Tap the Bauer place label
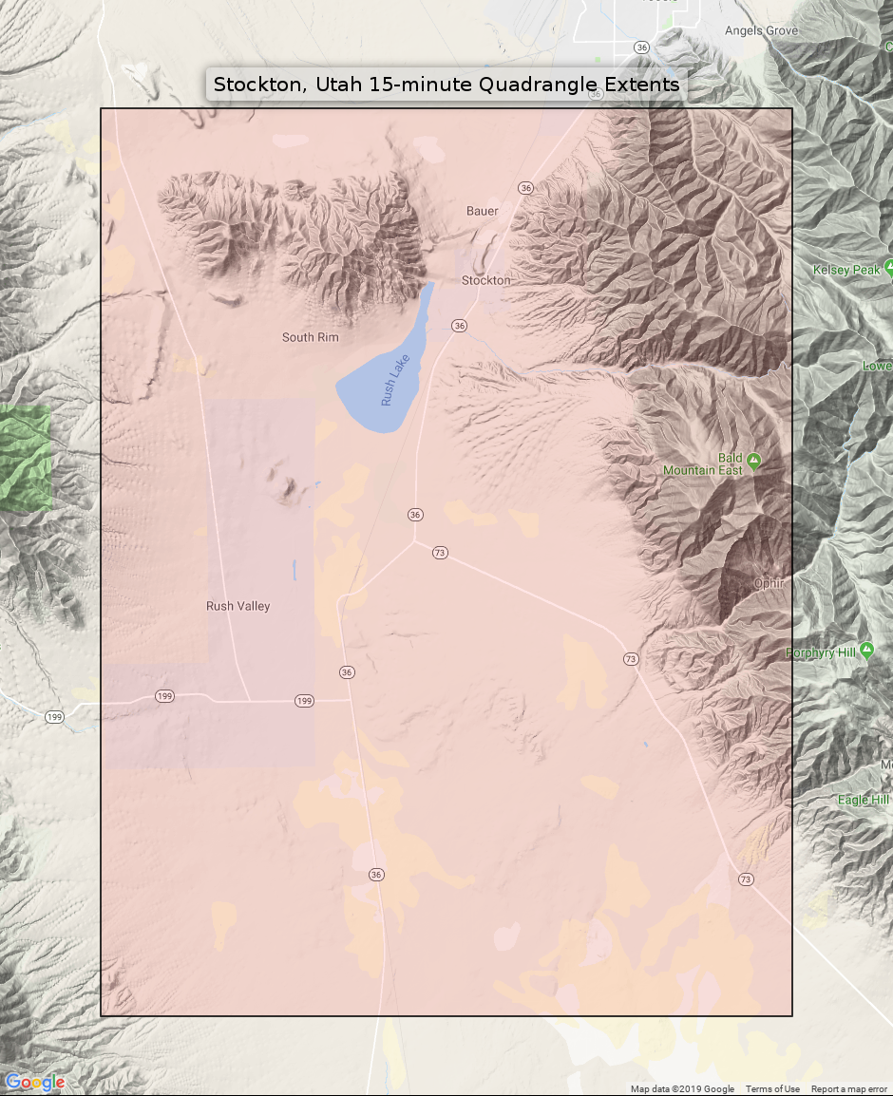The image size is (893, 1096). pos(483,211)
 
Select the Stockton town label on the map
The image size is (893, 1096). pos(485,280)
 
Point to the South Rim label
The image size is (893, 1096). pos(310,337)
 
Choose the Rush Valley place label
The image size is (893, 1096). pos(238,606)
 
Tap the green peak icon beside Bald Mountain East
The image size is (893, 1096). pos(753,461)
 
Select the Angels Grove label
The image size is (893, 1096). pos(761,30)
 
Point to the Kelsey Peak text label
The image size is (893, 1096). pos(846,271)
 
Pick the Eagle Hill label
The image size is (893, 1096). pos(863,800)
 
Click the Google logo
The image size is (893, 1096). pos(35,1083)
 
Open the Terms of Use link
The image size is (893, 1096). pos(772,1089)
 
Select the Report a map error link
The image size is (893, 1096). pos(848,1089)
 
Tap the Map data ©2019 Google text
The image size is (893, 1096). pos(682,1089)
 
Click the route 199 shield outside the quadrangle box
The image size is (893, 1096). pos(54,717)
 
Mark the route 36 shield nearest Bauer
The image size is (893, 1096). pos(525,188)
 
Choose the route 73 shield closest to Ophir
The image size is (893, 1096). pos(630,658)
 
